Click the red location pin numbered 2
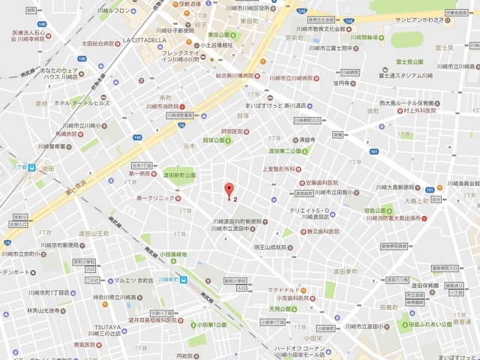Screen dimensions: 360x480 [229, 190]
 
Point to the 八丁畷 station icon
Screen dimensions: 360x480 [31, 168]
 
